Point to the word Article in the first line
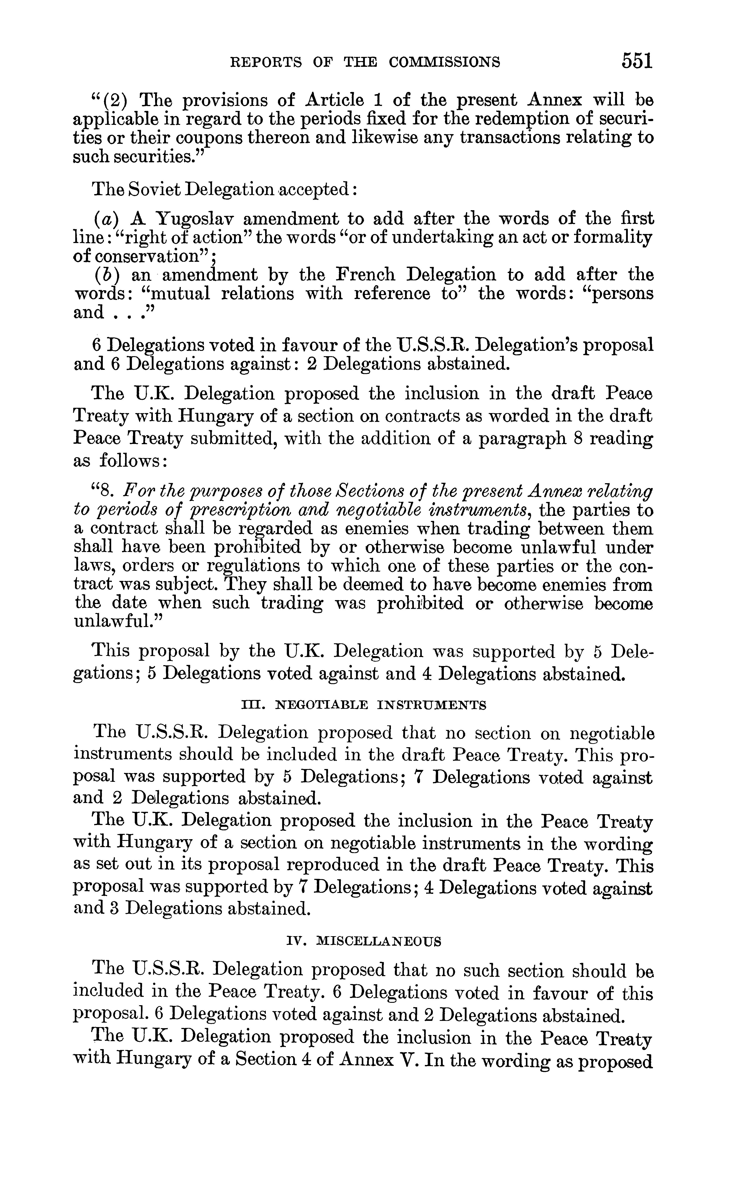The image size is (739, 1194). [334, 100]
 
